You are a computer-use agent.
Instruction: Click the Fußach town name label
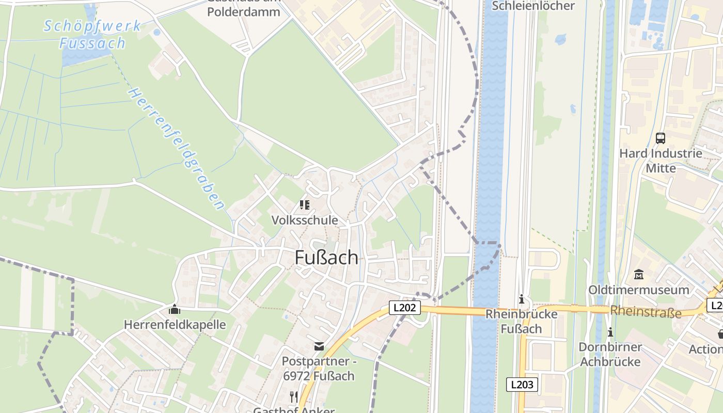click(x=326, y=257)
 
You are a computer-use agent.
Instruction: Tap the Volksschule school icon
click(x=305, y=205)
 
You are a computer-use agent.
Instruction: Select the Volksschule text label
click(x=305, y=220)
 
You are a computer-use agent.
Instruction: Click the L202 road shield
click(x=405, y=308)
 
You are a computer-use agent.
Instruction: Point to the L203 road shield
click(x=522, y=384)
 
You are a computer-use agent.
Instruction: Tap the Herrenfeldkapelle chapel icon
click(x=175, y=309)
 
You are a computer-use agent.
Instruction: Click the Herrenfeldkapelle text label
click(x=175, y=325)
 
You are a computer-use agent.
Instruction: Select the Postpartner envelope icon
click(x=319, y=346)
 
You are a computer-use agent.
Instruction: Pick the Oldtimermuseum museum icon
click(x=639, y=274)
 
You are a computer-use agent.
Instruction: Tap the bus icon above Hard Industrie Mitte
click(x=660, y=138)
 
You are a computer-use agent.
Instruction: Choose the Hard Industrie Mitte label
click(x=661, y=161)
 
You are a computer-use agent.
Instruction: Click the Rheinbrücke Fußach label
click(x=521, y=321)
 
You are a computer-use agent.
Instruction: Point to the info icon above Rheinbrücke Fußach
click(x=522, y=299)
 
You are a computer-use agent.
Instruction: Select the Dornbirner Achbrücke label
click(x=610, y=354)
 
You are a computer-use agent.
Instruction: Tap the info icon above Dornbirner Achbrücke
click(x=610, y=331)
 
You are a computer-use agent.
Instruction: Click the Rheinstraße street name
click(x=646, y=311)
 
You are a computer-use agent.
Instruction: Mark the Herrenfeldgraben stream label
click(x=177, y=149)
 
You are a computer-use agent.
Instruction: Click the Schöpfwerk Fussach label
click(x=92, y=34)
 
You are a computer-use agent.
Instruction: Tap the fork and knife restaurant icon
click(x=293, y=396)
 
